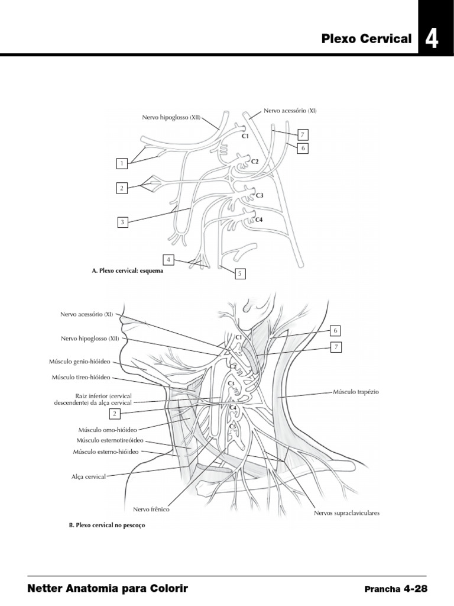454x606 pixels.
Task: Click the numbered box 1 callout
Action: coord(122,162)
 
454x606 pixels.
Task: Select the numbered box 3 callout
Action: coord(122,223)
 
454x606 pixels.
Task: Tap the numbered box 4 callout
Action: coord(169,259)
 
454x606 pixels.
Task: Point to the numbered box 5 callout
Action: coord(240,273)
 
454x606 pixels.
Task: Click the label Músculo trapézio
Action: coord(356,392)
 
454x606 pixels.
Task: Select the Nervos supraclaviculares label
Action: coord(346,513)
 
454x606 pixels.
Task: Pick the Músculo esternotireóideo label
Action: coord(111,441)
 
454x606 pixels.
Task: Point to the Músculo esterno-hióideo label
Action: coord(106,452)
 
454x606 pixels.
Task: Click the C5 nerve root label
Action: coord(232,426)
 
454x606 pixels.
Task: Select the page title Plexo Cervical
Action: coord(367,39)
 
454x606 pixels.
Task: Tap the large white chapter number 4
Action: coord(432,40)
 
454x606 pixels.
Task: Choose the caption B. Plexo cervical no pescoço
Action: coord(107,525)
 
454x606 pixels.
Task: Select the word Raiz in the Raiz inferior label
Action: coord(82,395)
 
